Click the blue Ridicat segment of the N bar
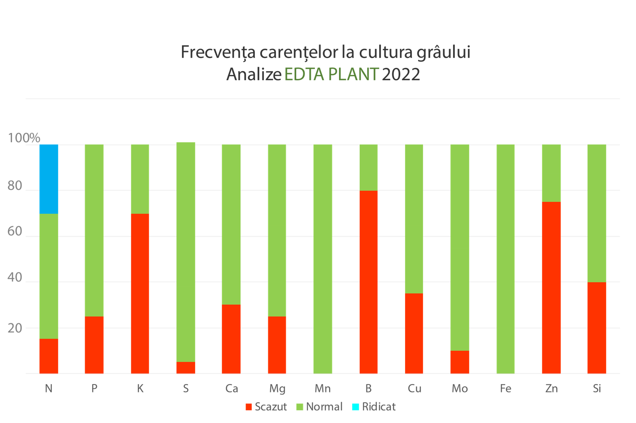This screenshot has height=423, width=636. pos(49,179)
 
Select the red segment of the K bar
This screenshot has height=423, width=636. pos(140,294)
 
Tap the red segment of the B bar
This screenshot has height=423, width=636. pos(368,282)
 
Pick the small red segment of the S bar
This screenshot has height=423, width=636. pos(186,368)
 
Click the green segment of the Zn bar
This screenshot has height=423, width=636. pos(551,173)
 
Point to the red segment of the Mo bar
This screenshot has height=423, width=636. pos(460,362)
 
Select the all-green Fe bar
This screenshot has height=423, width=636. pos(506,259)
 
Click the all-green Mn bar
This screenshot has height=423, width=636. pos(322,259)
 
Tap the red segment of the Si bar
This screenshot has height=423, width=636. pos(597,328)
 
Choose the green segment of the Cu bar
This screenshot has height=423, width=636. pos(414,218)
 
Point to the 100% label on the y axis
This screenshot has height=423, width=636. pos(24,138)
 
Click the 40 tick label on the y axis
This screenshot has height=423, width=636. pos(15,278)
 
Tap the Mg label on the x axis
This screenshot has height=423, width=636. pos(277,388)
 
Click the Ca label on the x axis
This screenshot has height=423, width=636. pos(231,388)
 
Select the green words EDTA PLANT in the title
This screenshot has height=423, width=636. pos(331,74)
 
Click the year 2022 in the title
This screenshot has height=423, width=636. pos(401,74)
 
